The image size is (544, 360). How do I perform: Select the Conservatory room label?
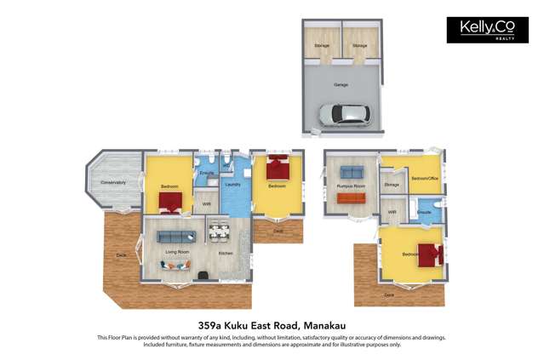click(x=113, y=182)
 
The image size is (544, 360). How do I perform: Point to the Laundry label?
click(x=232, y=185)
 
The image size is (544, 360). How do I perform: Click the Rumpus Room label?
click(x=350, y=185)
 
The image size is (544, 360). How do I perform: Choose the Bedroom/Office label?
click(x=424, y=179)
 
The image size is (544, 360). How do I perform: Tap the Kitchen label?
click(x=226, y=254)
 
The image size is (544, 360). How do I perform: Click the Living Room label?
click(x=177, y=252)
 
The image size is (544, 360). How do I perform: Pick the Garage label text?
click(x=341, y=85)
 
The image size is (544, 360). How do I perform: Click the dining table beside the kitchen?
click(x=220, y=230)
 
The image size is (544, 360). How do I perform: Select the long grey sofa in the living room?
click(x=176, y=236)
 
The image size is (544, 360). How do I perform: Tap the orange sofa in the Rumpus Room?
click(x=350, y=198)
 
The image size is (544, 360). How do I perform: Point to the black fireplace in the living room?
click(x=204, y=273)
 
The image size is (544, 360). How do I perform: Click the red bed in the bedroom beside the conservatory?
click(x=170, y=202)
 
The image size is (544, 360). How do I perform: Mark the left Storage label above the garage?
click(x=322, y=45)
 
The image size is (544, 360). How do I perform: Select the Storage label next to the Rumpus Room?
click(x=392, y=184)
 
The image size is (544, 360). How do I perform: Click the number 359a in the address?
click(x=215, y=324)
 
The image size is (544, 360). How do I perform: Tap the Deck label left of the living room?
click(x=121, y=255)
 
